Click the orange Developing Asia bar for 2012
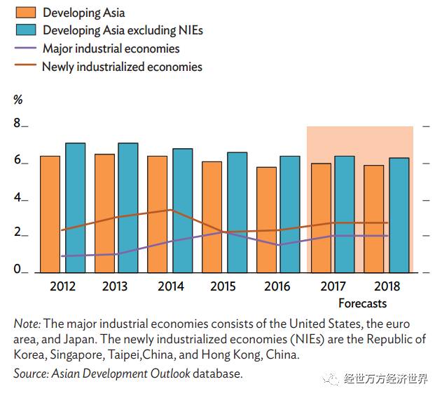coord(50,214)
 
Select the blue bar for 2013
coord(127,208)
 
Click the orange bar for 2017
coord(321,218)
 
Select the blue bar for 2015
coord(237,212)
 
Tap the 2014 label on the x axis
coord(171,286)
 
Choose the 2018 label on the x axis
coord(387,286)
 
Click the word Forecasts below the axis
coord(362,303)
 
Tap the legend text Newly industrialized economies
coord(122,67)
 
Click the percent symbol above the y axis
coord(18,100)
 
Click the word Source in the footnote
coord(30,373)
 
